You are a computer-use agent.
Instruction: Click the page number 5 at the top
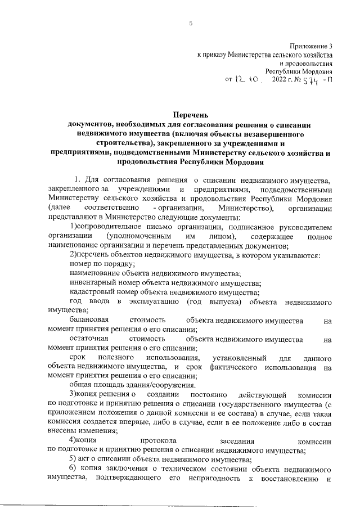coord(190,24)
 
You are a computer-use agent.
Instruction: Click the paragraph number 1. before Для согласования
coord(78,179)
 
